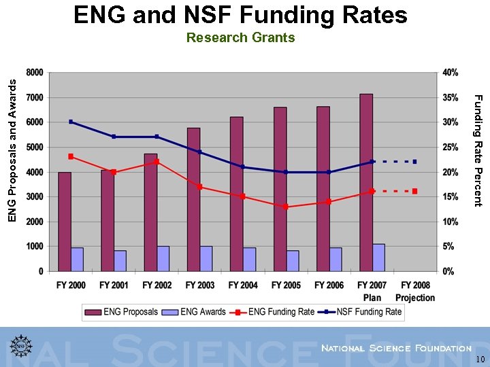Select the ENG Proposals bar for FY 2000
click(x=65, y=222)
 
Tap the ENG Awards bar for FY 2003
click(x=206, y=258)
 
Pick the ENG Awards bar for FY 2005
click(x=293, y=260)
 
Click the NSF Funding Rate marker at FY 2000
click(x=71, y=122)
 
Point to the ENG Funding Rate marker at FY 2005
click(x=286, y=207)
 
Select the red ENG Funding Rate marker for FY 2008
click(x=414, y=192)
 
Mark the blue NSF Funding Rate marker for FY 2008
click(x=414, y=162)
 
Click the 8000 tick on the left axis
click(x=35, y=73)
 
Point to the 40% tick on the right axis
click(x=450, y=73)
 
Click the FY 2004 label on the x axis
click(x=243, y=285)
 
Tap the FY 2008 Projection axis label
click(x=414, y=292)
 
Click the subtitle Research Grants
click(x=240, y=38)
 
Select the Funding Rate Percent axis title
click(x=478, y=151)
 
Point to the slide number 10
click(x=480, y=360)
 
